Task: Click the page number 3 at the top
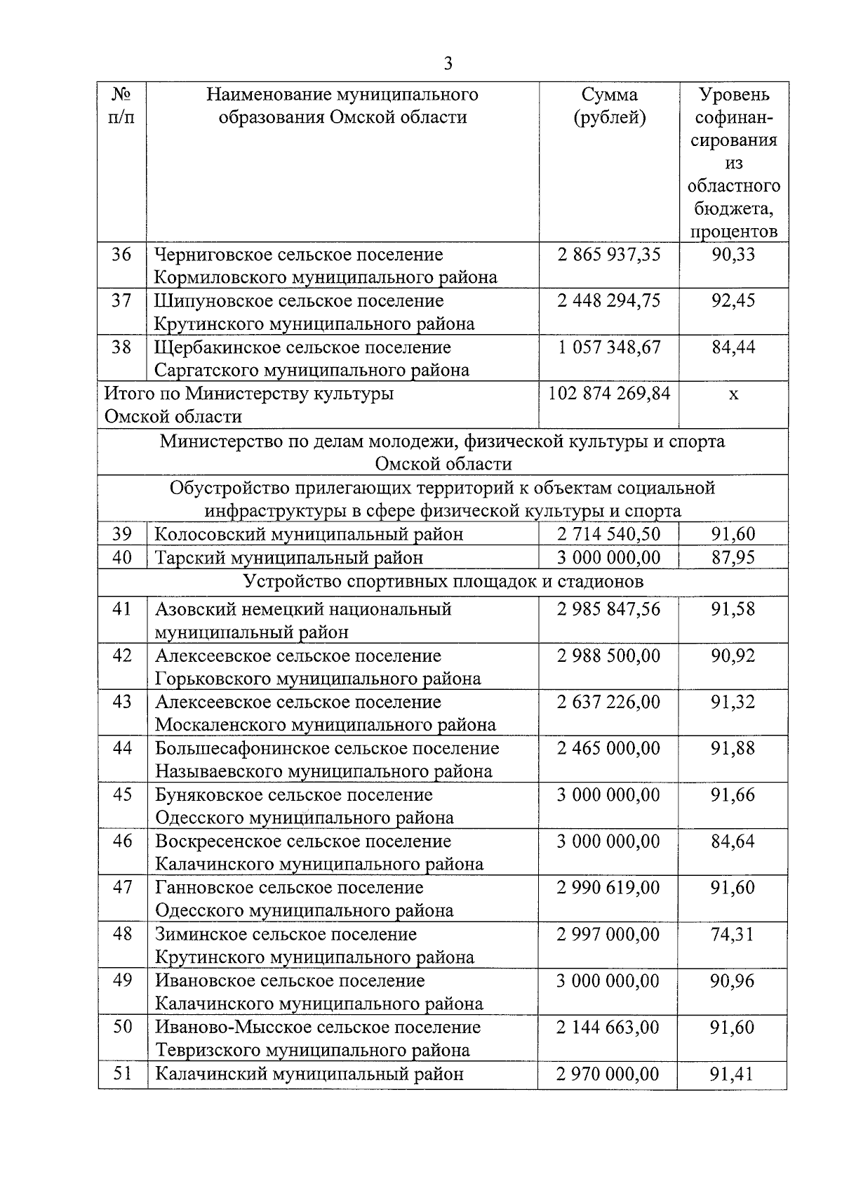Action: (448, 64)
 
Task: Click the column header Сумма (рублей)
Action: (609, 106)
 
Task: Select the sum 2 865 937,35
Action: (608, 254)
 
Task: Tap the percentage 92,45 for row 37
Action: (733, 301)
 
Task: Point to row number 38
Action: (122, 347)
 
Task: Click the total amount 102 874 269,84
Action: (609, 393)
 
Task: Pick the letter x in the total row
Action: (733, 394)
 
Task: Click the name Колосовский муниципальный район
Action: (309, 534)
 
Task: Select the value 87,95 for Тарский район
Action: (733, 558)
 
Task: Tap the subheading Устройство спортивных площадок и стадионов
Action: (443, 582)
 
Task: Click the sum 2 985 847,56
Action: (608, 609)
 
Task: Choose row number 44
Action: (122, 749)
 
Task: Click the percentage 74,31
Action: (733, 935)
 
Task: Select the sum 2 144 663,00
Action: (608, 1027)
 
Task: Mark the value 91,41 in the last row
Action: (733, 1074)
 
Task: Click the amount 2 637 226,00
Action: (608, 703)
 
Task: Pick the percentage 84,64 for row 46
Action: (733, 841)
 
